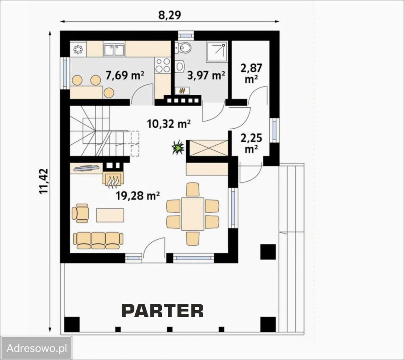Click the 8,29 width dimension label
pyautogui.click(x=170, y=15)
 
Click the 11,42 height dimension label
pyautogui.click(x=44, y=181)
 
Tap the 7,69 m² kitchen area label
pyautogui.click(x=125, y=76)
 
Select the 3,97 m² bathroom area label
pyautogui.click(x=206, y=75)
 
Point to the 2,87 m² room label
pyautogui.click(x=251, y=73)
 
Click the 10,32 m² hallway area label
pyautogui.click(x=169, y=124)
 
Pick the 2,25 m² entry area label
pyautogui.click(x=251, y=143)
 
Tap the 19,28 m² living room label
pyautogui.click(x=137, y=196)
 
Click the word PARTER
pyautogui.click(x=162, y=310)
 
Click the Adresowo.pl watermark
pyautogui.click(x=36, y=348)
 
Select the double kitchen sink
pyautogui.click(x=114, y=50)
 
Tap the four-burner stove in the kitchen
pyautogui.click(x=163, y=65)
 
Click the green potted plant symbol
pyautogui.click(x=178, y=147)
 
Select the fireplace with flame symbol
pyautogui.click(x=113, y=178)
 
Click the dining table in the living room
pyautogui.click(x=193, y=214)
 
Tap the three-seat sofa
pyautogui.click(x=98, y=241)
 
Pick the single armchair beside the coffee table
pyautogui.click(x=80, y=213)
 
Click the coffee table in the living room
pyautogui.click(x=110, y=215)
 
